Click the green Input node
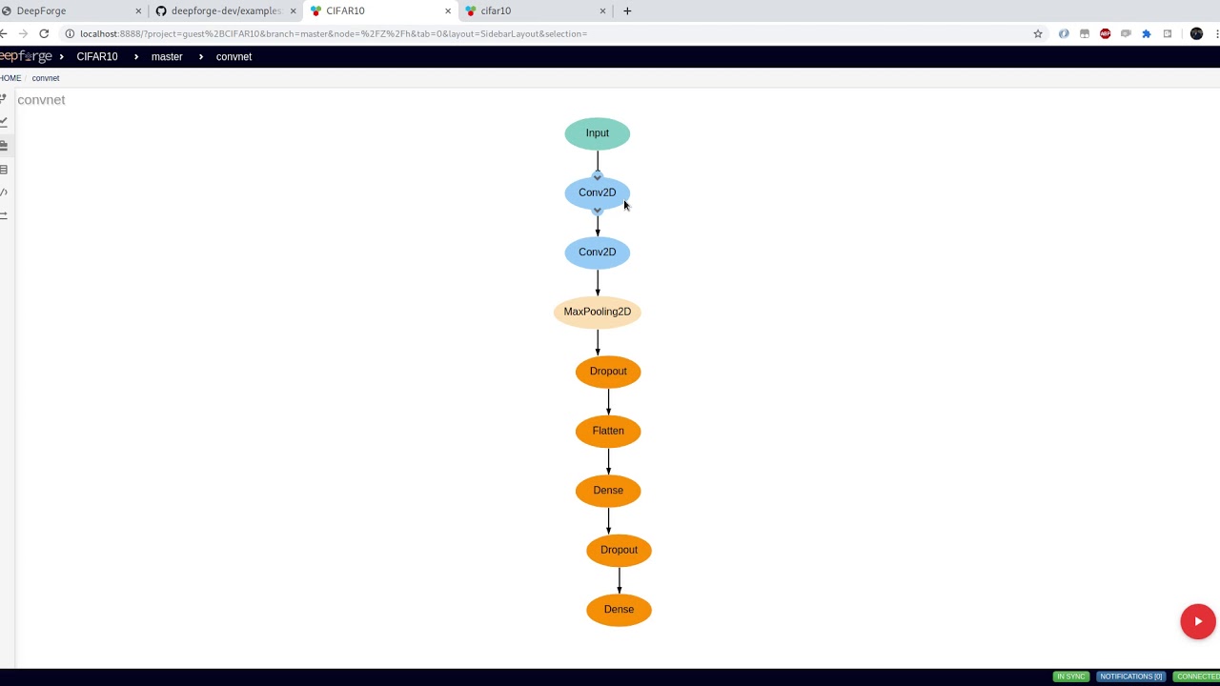tap(598, 133)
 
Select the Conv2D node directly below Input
tap(598, 192)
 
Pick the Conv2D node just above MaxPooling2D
tap(598, 252)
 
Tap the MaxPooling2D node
tap(598, 312)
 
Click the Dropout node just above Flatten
tap(608, 372)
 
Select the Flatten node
tap(608, 431)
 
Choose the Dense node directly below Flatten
tap(608, 491)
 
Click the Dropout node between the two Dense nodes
tap(619, 550)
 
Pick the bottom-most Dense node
tap(619, 610)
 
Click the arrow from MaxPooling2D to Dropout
tap(598, 342)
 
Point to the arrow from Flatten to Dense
tap(608, 461)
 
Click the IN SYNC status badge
tap(1070, 676)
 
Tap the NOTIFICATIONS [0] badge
tap(1130, 676)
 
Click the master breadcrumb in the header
tap(167, 57)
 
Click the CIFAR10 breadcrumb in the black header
tap(97, 57)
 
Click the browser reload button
tap(44, 33)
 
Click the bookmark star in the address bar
tap(1038, 33)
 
